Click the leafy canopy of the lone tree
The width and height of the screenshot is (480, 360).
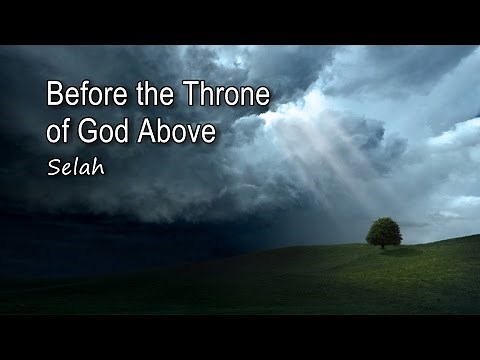[x=383, y=230]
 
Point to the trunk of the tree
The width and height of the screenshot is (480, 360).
[x=384, y=244]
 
